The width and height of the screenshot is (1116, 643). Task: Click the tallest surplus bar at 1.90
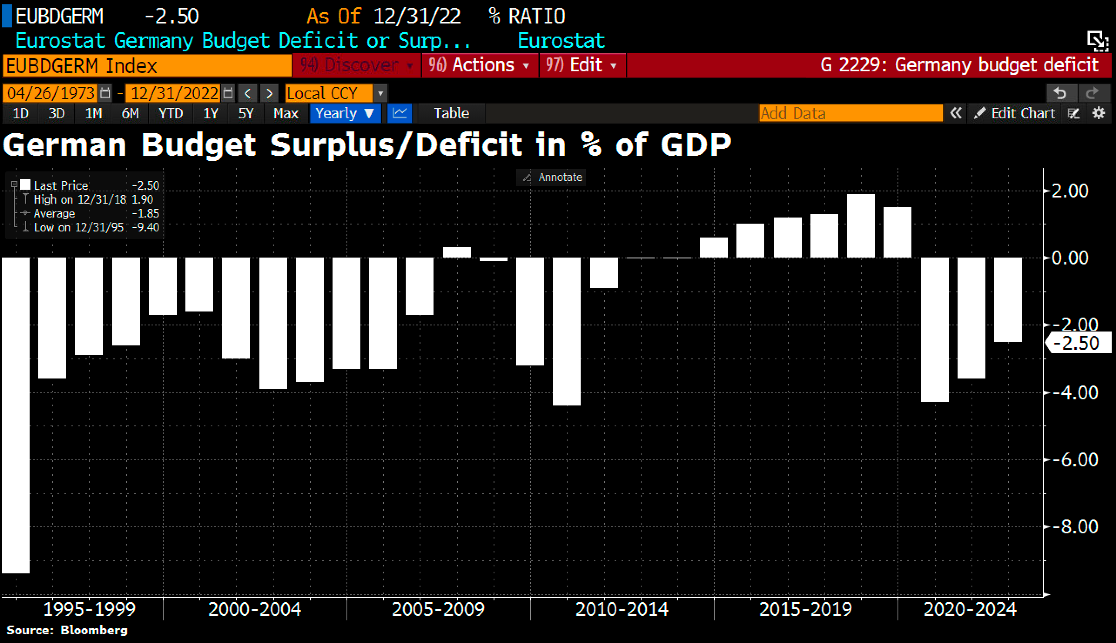point(860,226)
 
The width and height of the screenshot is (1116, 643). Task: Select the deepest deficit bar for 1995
point(16,415)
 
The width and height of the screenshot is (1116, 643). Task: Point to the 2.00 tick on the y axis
point(1069,191)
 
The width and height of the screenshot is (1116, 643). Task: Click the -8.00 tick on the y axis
point(1075,526)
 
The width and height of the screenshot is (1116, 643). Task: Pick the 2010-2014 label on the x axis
point(622,610)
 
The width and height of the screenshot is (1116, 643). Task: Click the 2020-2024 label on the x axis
point(970,610)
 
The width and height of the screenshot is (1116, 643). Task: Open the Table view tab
point(451,114)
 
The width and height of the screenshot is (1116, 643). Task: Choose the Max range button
point(286,114)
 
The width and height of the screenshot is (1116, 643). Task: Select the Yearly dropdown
point(345,114)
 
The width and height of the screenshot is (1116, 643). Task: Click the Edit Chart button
point(1016,114)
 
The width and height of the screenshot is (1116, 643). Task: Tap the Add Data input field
point(850,114)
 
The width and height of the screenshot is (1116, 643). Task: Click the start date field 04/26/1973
point(51,93)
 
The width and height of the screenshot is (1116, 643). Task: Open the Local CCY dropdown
point(336,93)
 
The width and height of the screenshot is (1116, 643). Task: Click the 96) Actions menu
point(479,65)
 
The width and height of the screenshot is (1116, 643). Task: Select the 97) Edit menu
point(582,65)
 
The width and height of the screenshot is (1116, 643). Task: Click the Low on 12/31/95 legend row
point(84,228)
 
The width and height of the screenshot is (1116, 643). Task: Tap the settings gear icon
point(1099,114)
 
